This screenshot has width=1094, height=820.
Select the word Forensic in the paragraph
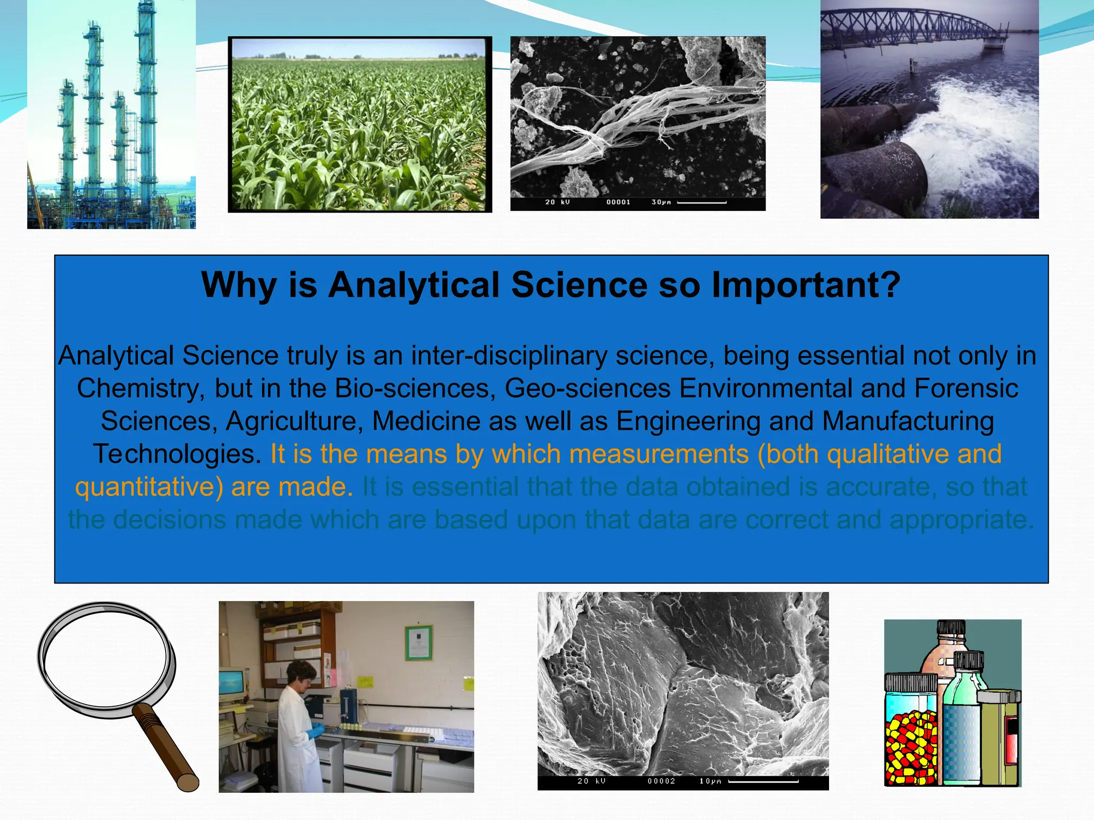coord(966,388)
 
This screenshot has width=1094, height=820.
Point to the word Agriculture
coord(291,422)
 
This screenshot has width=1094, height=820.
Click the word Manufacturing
coord(908,422)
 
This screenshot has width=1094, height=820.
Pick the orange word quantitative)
coord(149,487)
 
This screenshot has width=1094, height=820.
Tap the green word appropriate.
coord(962,520)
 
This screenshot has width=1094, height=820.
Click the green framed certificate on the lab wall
coord(418,642)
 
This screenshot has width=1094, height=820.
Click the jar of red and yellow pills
coord(911,729)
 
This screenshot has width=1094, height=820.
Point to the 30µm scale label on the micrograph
coord(661,202)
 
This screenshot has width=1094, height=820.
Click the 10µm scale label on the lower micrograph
coord(710,781)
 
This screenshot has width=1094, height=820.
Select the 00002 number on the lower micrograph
coord(661,781)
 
